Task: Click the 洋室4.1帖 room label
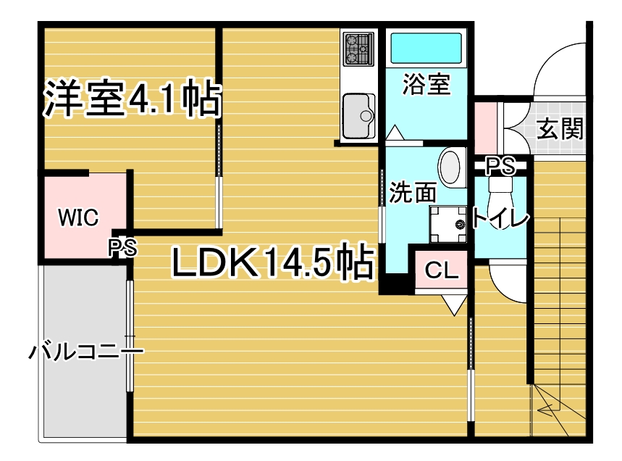tap(132, 99)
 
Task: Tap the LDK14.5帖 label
tap(273, 262)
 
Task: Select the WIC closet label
tap(78, 217)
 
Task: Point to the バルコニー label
tap(86, 352)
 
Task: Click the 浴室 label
tap(426, 84)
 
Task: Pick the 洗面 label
tap(413, 192)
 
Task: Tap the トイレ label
tap(500, 218)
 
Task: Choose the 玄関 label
tap(560, 128)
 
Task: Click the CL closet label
tap(441, 271)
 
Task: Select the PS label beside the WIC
tap(123, 248)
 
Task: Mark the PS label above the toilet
tap(500, 166)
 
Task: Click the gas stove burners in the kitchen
tap(358, 49)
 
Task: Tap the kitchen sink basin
tap(358, 115)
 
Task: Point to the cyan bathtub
tap(426, 48)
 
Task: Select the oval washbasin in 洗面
tap(451, 167)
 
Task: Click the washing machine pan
tap(448, 225)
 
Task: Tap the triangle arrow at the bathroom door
tap(395, 133)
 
